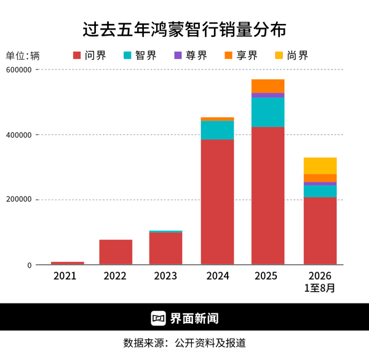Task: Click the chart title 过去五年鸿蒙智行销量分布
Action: [x=184, y=29]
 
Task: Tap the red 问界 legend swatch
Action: [x=77, y=55]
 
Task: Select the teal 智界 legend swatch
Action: [x=127, y=55]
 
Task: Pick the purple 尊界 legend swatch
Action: [x=178, y=55]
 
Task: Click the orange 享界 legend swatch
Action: [x=229, y=55]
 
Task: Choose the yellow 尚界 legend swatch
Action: [x=279, y=55]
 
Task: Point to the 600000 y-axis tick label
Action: [x=19, y=70]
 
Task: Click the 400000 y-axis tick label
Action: [x=19, y=135]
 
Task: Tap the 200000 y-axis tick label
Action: [x=19, y=200]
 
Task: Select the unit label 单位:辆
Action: [x=23, y=56]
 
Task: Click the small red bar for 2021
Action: [x=68, y=263]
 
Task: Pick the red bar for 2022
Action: [x=116, y=252]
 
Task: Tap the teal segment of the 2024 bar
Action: [x=218, y=130]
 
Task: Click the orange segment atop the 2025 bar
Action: [x=268, y=86]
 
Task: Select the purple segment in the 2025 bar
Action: [x=268, y=95]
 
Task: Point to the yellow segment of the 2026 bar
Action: [x=320, y=166]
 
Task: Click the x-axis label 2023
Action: [x=165, y=276]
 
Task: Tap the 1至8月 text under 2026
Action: [x=320, y=288]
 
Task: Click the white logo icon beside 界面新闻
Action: [x=159, y=318]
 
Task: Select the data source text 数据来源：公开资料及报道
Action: [x=184, y=343]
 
